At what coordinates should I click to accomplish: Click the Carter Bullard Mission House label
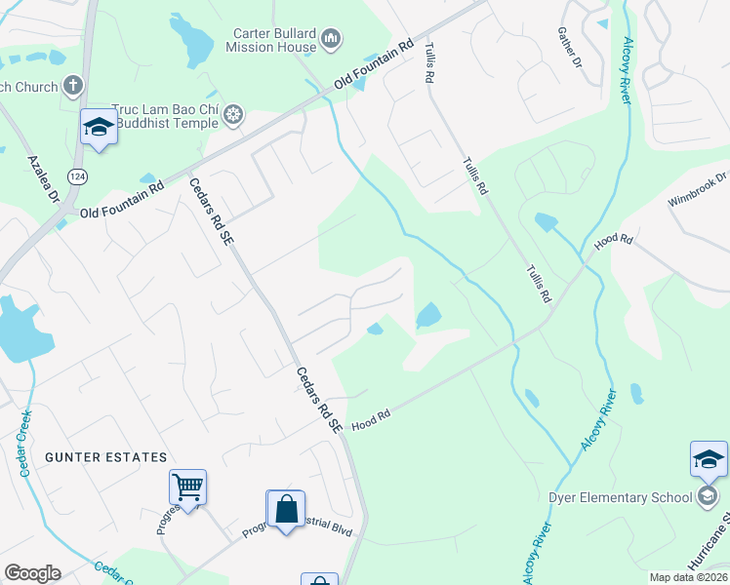tap(274, 39)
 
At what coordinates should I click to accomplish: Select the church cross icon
tap(73, 87)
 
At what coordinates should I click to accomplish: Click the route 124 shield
tap(77, 175)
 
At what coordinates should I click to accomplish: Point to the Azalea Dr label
tap(44, 176)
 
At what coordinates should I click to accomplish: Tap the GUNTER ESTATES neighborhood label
tap(104, 457)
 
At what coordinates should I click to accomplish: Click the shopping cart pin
tap(187, 486)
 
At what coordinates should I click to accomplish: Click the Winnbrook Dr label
tap(698, 190)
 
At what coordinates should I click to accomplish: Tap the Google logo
tap(32, 573)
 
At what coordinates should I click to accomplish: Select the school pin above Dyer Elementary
tap(709, 458)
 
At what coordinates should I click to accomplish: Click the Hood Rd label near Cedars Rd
tap(371, 419)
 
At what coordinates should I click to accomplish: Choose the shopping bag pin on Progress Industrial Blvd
tap(286, 509)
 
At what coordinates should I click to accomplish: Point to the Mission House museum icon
tap(331, 39)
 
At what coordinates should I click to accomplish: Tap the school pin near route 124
tap(99, 126)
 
